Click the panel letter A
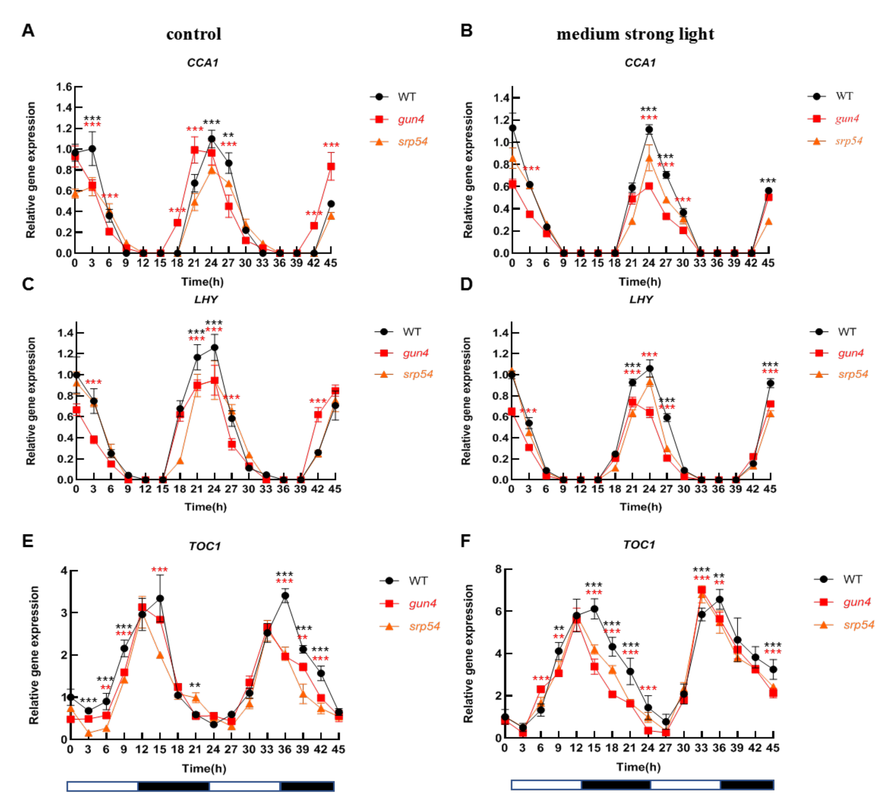pyautogui.click(x=28, y=31)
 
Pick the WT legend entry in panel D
pyautogui.click(x=846, y=332)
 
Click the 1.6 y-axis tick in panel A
pyautogui.click(x=64, y=87)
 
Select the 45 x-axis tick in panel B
pyautogui.click(x=768, y=263)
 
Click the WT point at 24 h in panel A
pyautogui.click(x=211, y=139)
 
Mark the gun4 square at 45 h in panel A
pyautogui.click(x=331, y=166)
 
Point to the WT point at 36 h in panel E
pyautogui.click(x=285, y=595)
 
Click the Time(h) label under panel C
pyautogui.click(x=205, y=507)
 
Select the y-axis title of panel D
pyautogui.click(x=466, y=401)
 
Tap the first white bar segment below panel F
pyautogui.click(x=546, y=784)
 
